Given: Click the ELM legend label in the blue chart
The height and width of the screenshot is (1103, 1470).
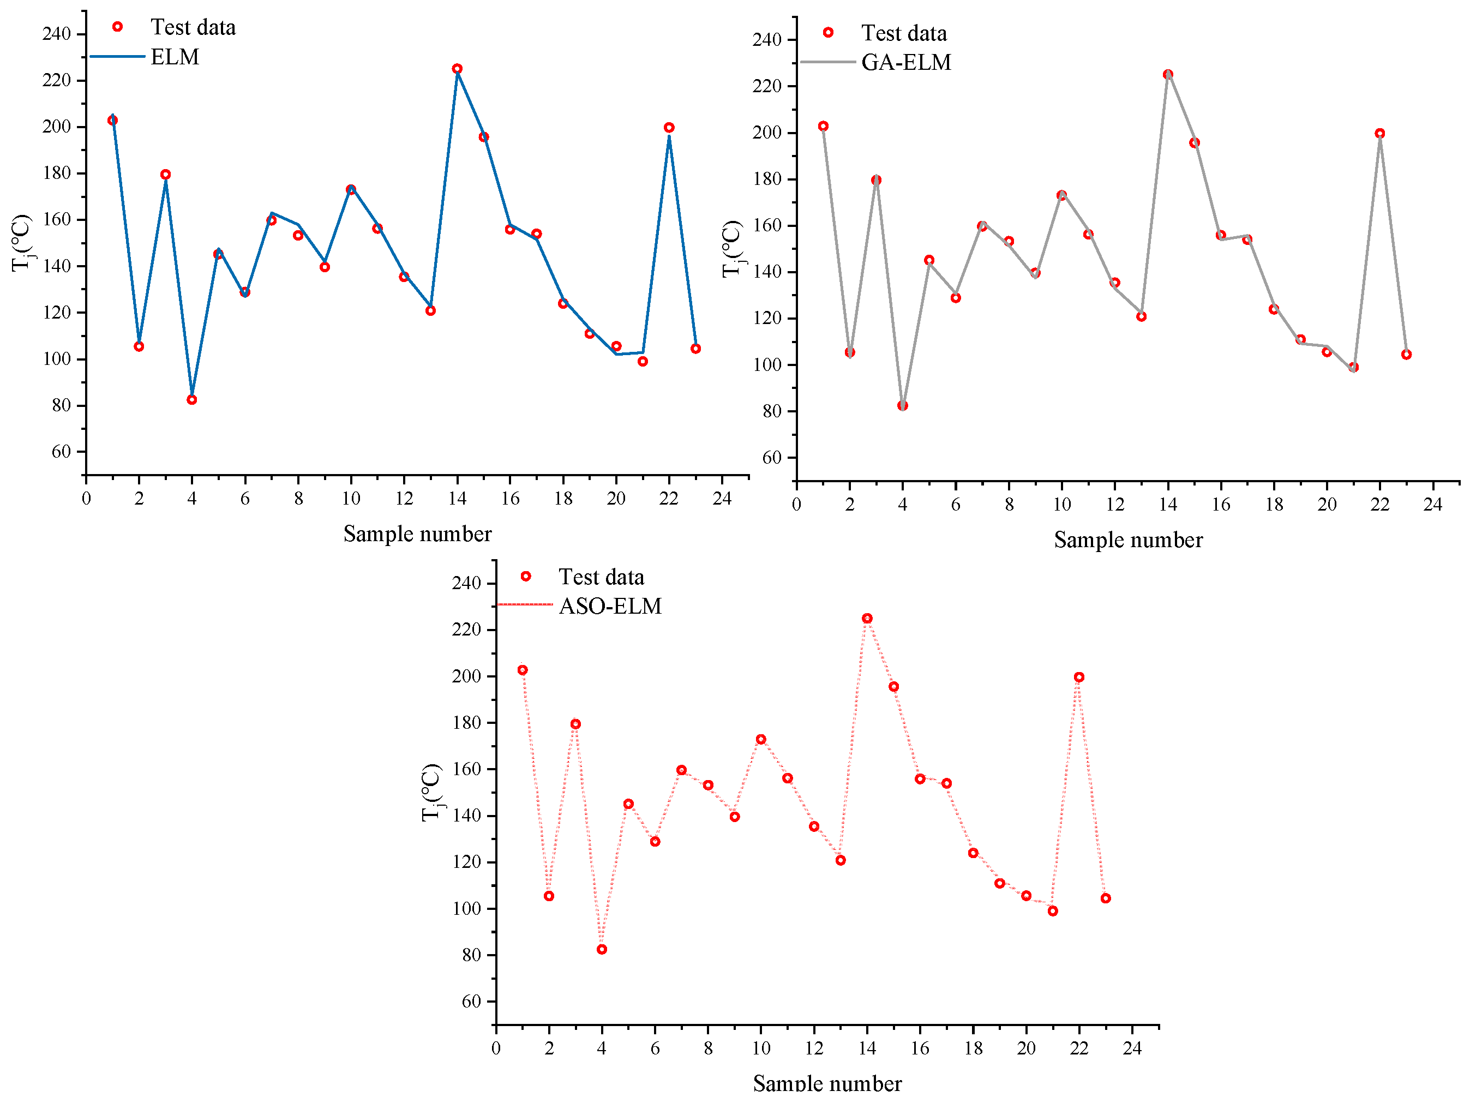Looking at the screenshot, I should coord(175,57).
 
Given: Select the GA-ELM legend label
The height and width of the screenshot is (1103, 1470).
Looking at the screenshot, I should coord(906,62).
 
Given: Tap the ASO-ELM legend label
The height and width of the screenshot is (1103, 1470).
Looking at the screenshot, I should coord(610,607).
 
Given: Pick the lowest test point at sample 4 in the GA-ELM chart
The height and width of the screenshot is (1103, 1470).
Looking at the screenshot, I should coord(903,406).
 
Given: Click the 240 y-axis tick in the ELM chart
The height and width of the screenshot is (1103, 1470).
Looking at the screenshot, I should coord(57,34).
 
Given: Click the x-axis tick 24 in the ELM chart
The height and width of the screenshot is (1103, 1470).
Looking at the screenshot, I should coord(722,499).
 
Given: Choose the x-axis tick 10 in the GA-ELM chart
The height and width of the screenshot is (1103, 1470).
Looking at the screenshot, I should coord(1062,505).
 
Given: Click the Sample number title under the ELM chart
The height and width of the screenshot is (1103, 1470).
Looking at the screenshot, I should coord(417,534).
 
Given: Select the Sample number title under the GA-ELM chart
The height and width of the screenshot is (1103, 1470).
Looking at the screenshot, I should coord(1129,540).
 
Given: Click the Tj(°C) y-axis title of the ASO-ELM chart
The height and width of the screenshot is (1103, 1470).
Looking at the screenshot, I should coord(432,793).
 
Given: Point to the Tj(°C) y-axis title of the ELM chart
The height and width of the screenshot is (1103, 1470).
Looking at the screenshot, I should coord(22,243).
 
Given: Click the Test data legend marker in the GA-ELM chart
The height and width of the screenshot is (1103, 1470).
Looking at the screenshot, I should coord(828,33).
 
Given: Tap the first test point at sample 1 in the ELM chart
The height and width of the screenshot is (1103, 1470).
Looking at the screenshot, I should coord(112,120).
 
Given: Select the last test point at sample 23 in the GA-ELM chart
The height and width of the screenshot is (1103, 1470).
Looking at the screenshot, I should coord(1406,355).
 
